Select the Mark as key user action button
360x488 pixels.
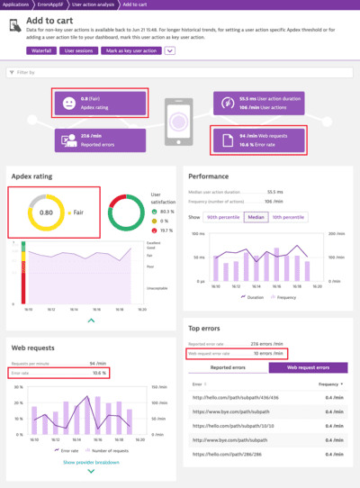pyautogui.click(x=131, y=50)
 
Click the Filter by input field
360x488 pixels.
pyautogui.click(x=180, y=71)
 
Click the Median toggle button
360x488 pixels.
pyautogui.click(x=256, y=217)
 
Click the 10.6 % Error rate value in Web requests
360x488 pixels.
pyautogui.click(x=99, y=372)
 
